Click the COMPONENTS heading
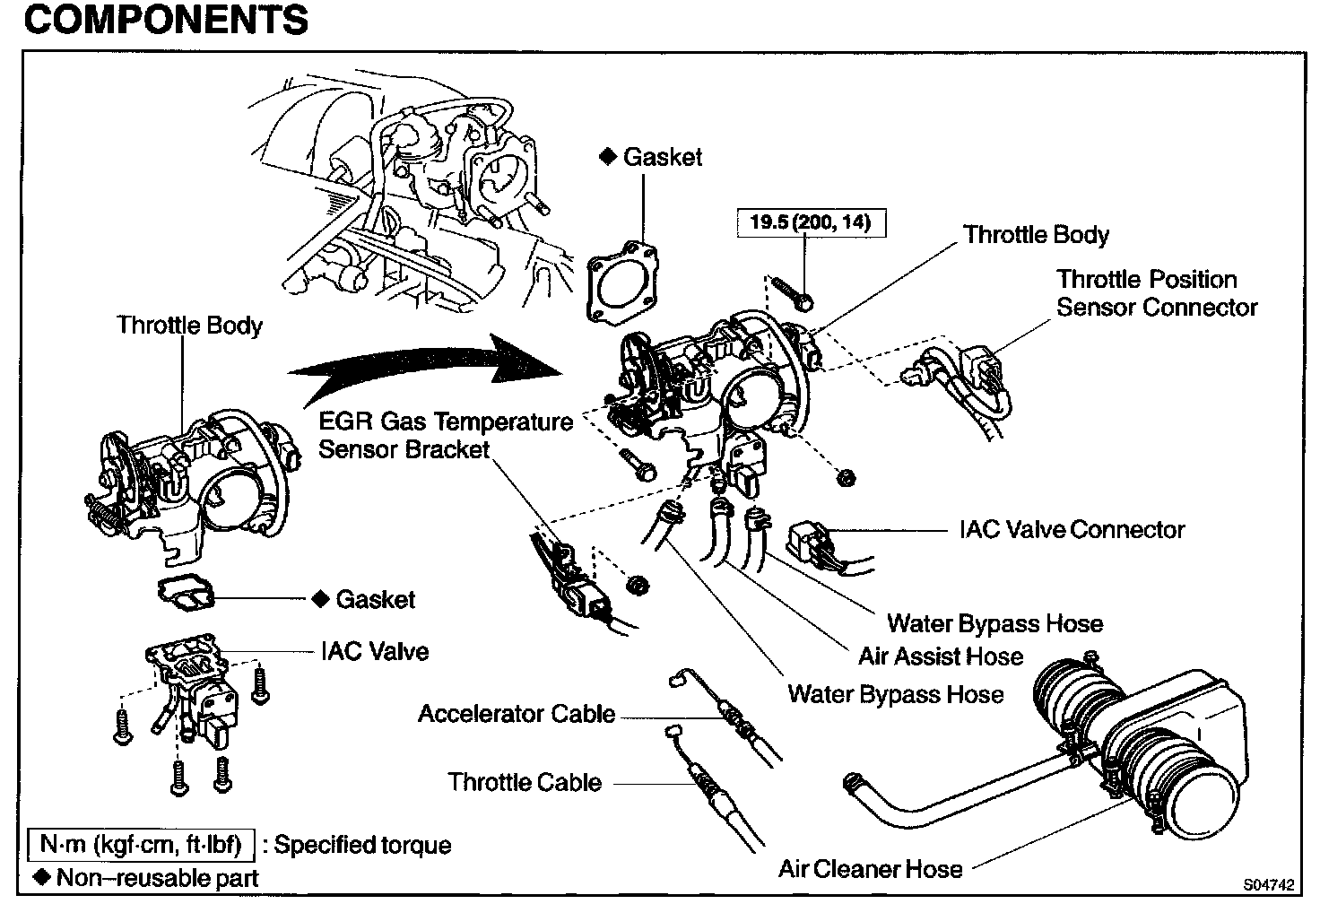[166, 20]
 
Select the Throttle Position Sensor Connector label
[1157, 293]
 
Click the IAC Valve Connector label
[1072, 530]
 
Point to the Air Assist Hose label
[940, 656]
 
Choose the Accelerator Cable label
[517, 714]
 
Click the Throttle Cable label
[525, 782]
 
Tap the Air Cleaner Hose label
[870, 868]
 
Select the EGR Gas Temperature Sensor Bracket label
[446, 435]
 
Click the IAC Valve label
[375, 651]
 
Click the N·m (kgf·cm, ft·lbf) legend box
[142, 845]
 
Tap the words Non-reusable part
[157, 878]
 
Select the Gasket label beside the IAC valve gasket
[375, 599]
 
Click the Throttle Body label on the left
[189, 325]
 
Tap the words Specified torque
[362, 845]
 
